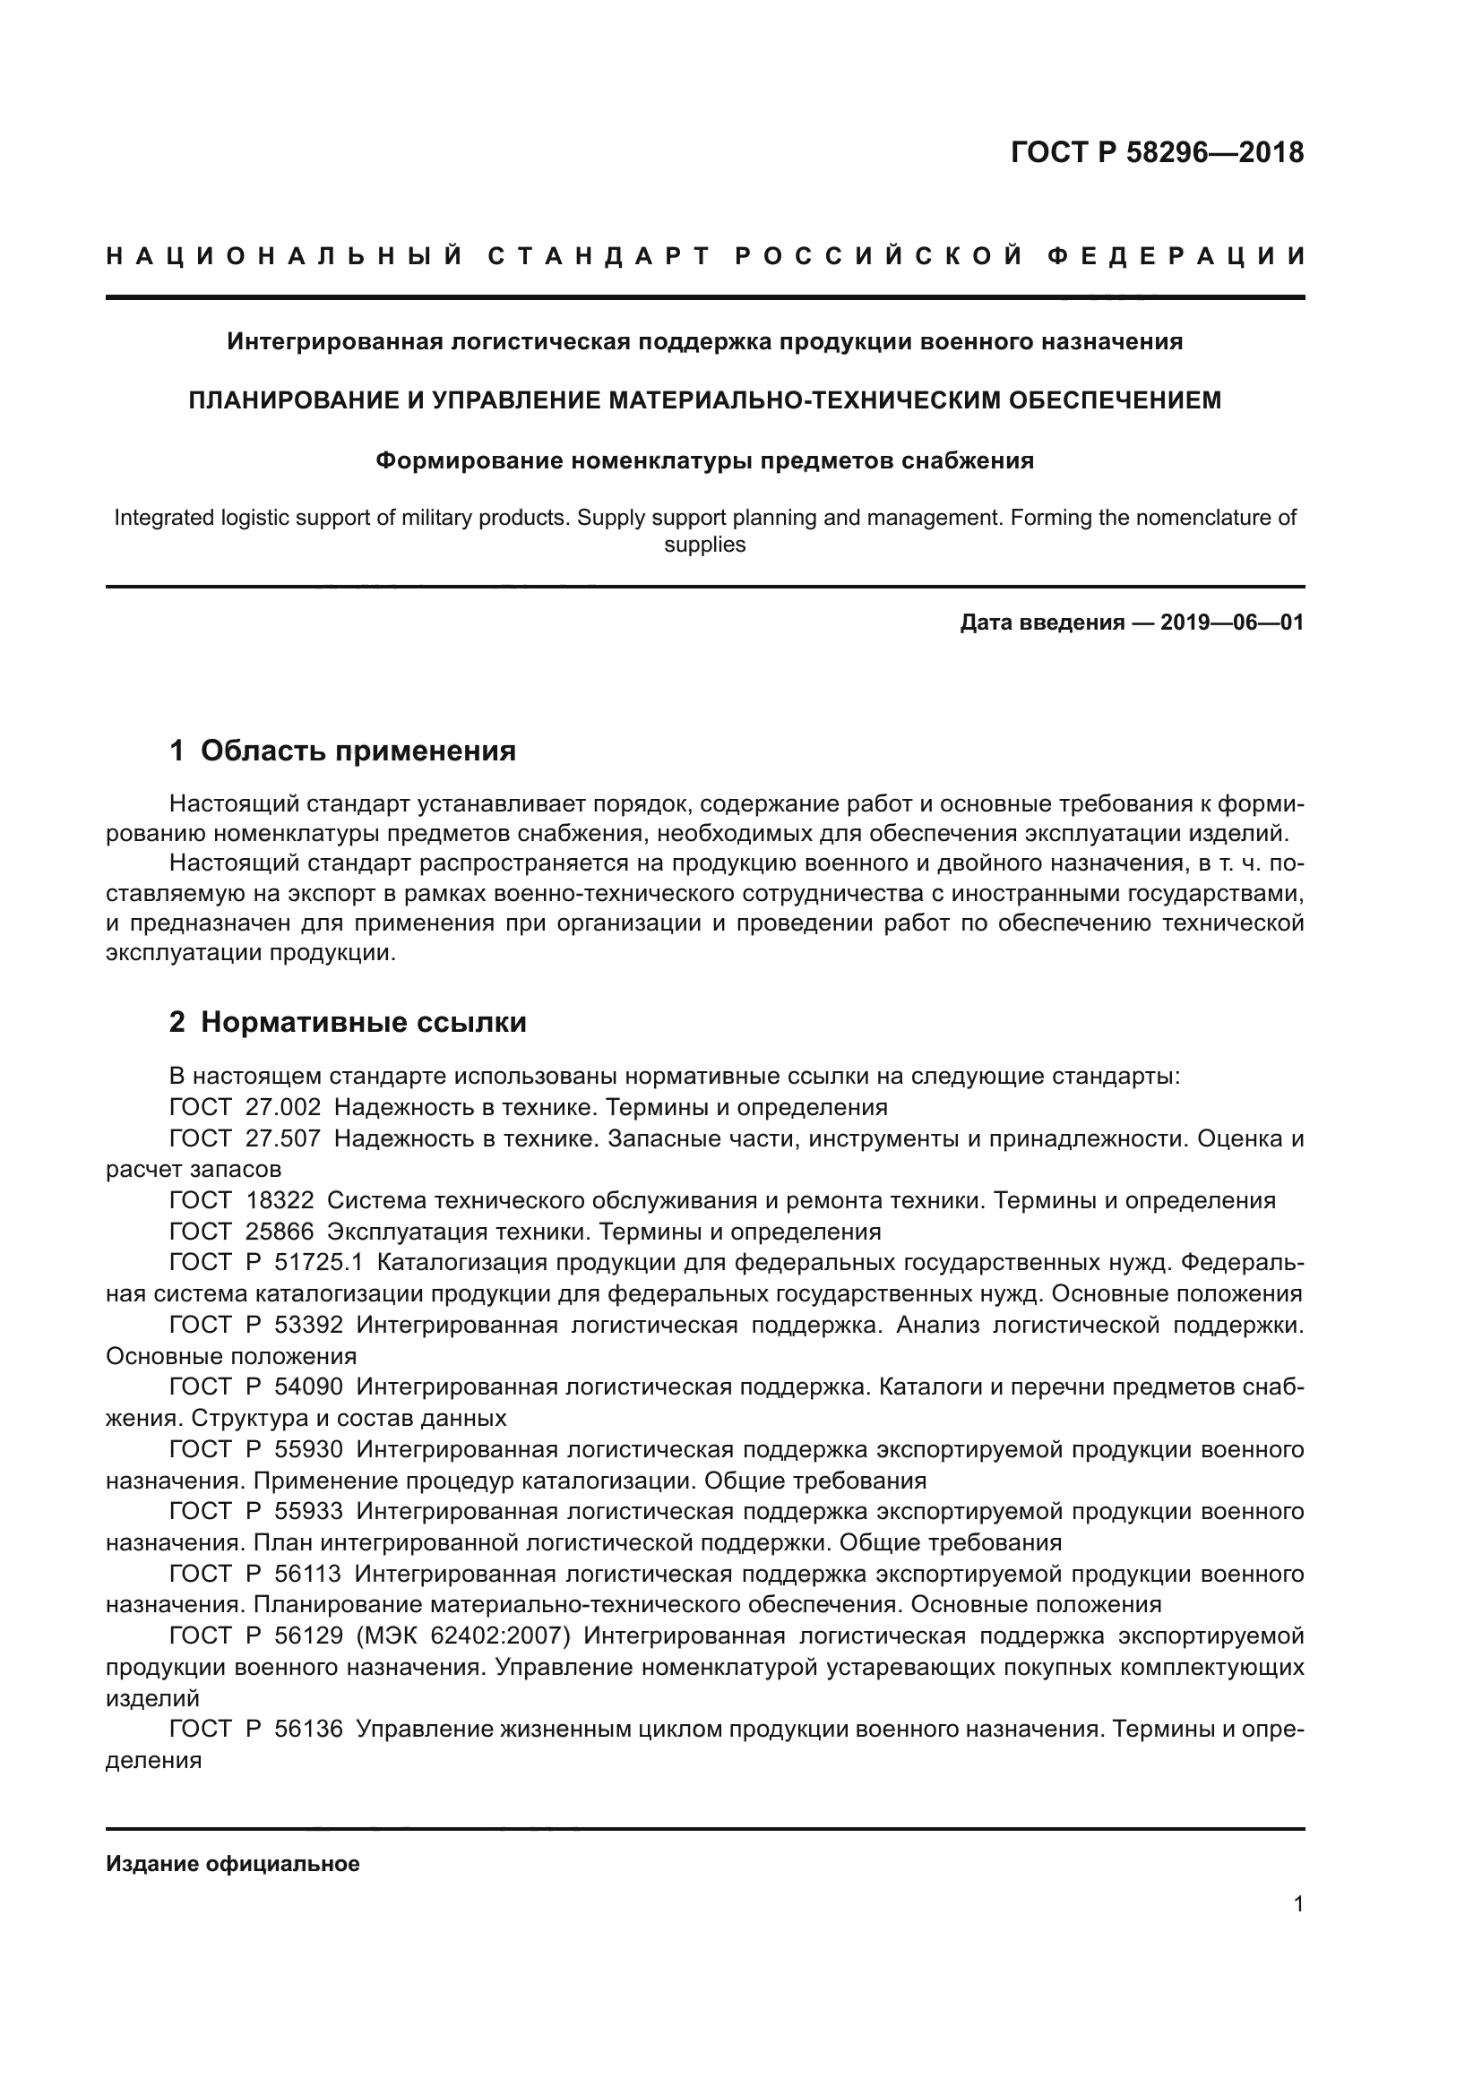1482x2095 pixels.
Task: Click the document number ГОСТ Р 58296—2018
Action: [1157, 152]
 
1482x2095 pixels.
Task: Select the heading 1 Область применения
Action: [342, 751]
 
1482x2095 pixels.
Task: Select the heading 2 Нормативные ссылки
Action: [348, 1023]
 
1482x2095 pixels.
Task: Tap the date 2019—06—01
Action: [1232, 623]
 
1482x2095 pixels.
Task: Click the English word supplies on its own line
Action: [704, 545]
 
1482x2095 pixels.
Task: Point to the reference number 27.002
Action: [283, 1108]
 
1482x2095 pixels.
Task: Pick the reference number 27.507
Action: [283, 1138]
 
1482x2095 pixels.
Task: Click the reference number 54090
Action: [308, 1387]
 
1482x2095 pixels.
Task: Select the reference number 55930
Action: [308, 1449]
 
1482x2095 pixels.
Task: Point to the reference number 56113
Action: [307, 1574]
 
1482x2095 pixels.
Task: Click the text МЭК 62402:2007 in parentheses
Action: [464, 1636]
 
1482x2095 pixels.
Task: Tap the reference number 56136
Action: [308, 1729]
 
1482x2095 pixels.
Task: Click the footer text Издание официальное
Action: [233, 1864]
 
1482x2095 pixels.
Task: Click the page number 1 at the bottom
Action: [1298, 1904]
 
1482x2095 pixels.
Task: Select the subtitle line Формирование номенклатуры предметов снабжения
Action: [704, 460]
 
